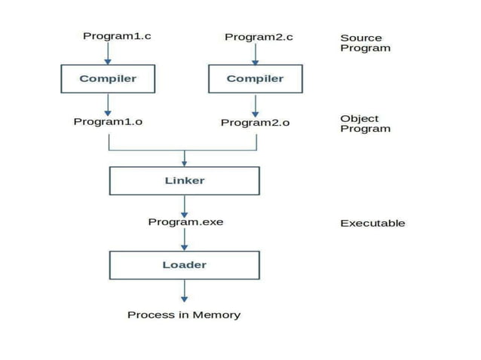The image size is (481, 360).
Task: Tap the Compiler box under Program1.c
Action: click(108, 78)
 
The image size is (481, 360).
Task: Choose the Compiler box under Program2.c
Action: click(255, 78)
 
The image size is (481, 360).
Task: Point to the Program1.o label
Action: click(108, 121)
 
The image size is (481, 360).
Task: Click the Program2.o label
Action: click(255, 122)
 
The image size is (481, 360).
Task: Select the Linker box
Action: click(184, 181)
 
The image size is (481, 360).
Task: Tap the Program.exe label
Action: click(185, 222)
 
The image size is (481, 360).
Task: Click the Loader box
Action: click(184, 265)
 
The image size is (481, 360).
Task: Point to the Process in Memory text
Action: click(184, 315)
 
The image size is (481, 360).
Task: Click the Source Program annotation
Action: click(365, 43)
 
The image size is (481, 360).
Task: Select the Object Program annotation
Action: click(365, 124)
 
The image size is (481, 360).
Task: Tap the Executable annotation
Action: click(372, 223)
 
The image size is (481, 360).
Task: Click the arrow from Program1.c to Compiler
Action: click(108, 53)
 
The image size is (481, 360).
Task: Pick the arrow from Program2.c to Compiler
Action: click(255, 53)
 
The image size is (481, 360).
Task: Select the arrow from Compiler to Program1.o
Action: click(108, 103)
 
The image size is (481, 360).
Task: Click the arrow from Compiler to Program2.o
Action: click(255, 104)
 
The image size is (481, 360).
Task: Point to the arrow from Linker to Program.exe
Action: click(184, 206)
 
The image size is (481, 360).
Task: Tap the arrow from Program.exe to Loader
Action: click(184, 239)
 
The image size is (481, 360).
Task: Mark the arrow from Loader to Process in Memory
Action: click(184, 291)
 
